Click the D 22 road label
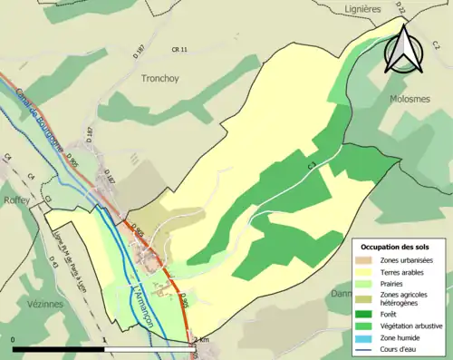pyautogui.click(x=374, y=33)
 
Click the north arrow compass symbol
pyautogui.click(x=404, y=49)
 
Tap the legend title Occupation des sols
pyautogui.click(x=395, y=247)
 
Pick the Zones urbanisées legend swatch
pyautogui.click(x=368, y=260)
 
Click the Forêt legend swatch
pyautogui.click(x=368, y=312)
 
